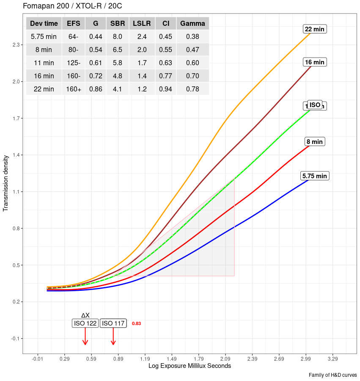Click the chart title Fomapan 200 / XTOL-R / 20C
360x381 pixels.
tap(72, 6)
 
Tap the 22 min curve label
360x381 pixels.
tap(315, 29)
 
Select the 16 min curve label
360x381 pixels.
tap(315, 62)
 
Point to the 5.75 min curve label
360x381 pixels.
tap(315, 176)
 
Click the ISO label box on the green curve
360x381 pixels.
tap(315, 105)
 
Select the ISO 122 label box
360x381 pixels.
tap(85, 323)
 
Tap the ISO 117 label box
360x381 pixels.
tap(113, 323)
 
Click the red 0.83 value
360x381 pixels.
tap(136, 323)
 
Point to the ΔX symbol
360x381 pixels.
tap(85, 315)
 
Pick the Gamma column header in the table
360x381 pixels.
tap(192, 24)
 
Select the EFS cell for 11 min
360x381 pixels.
tap(74, 63)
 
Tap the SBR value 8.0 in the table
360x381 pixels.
tap(118, 37)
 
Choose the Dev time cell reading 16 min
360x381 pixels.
tap(44, 76)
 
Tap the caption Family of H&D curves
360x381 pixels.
tap(333, 375)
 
